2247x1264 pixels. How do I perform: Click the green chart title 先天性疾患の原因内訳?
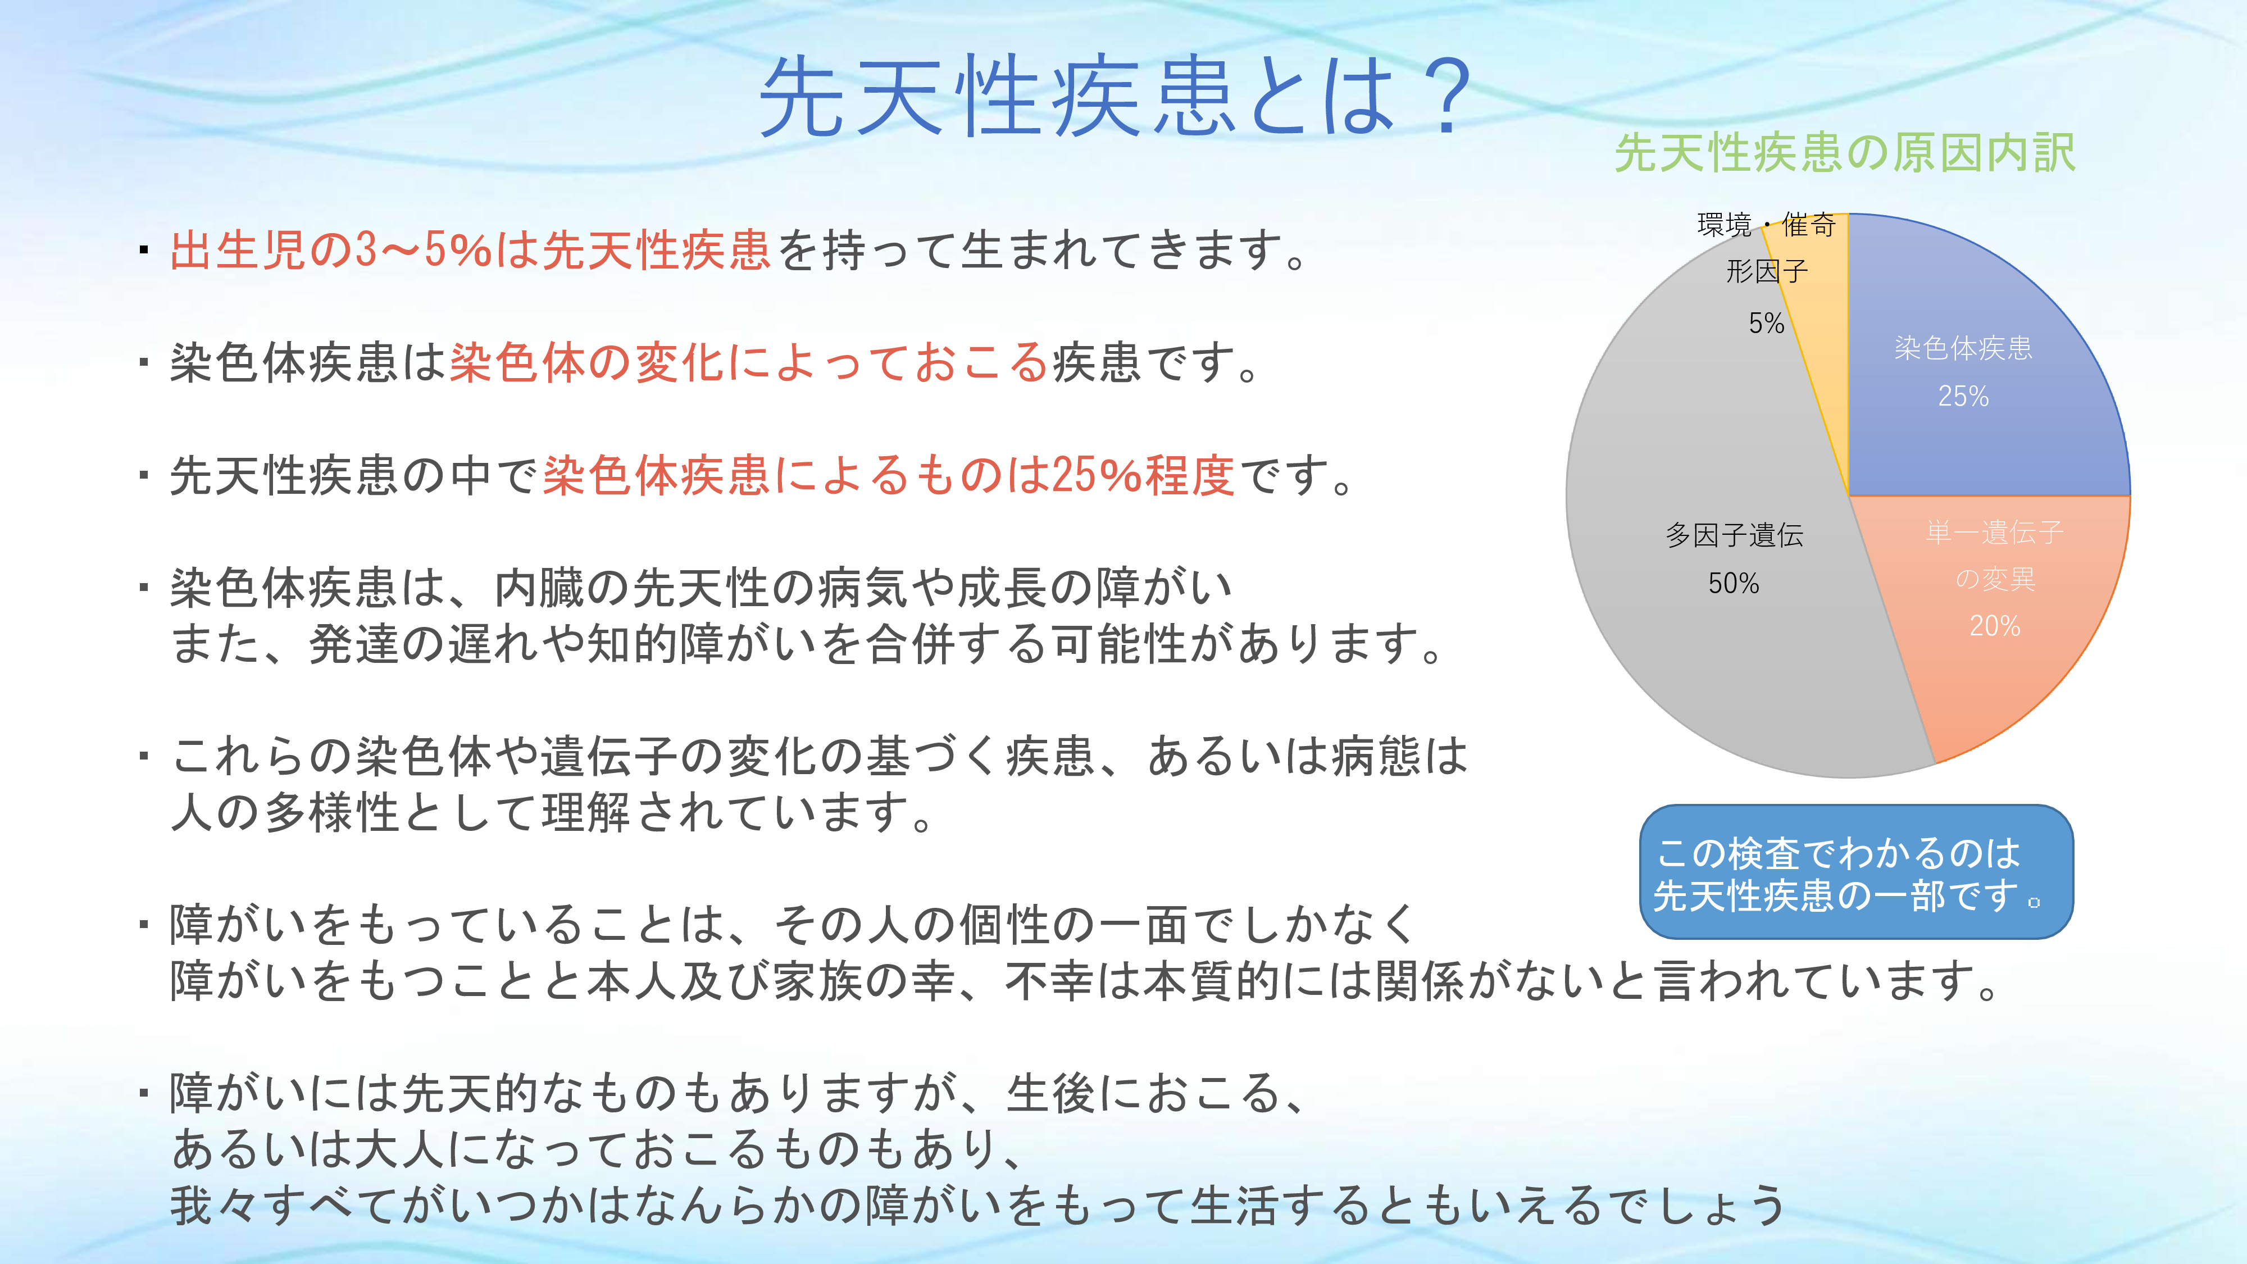point(1845,153)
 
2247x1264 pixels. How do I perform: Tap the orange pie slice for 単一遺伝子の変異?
point(1998,602)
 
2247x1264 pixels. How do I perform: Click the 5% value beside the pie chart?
point(1766,324)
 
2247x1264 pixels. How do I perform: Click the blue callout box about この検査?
point(1856,871)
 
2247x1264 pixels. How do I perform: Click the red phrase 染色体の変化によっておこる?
point(748,363)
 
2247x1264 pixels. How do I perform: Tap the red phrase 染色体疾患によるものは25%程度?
point(889,476)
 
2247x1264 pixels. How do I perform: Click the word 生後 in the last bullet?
point(1051,1094)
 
